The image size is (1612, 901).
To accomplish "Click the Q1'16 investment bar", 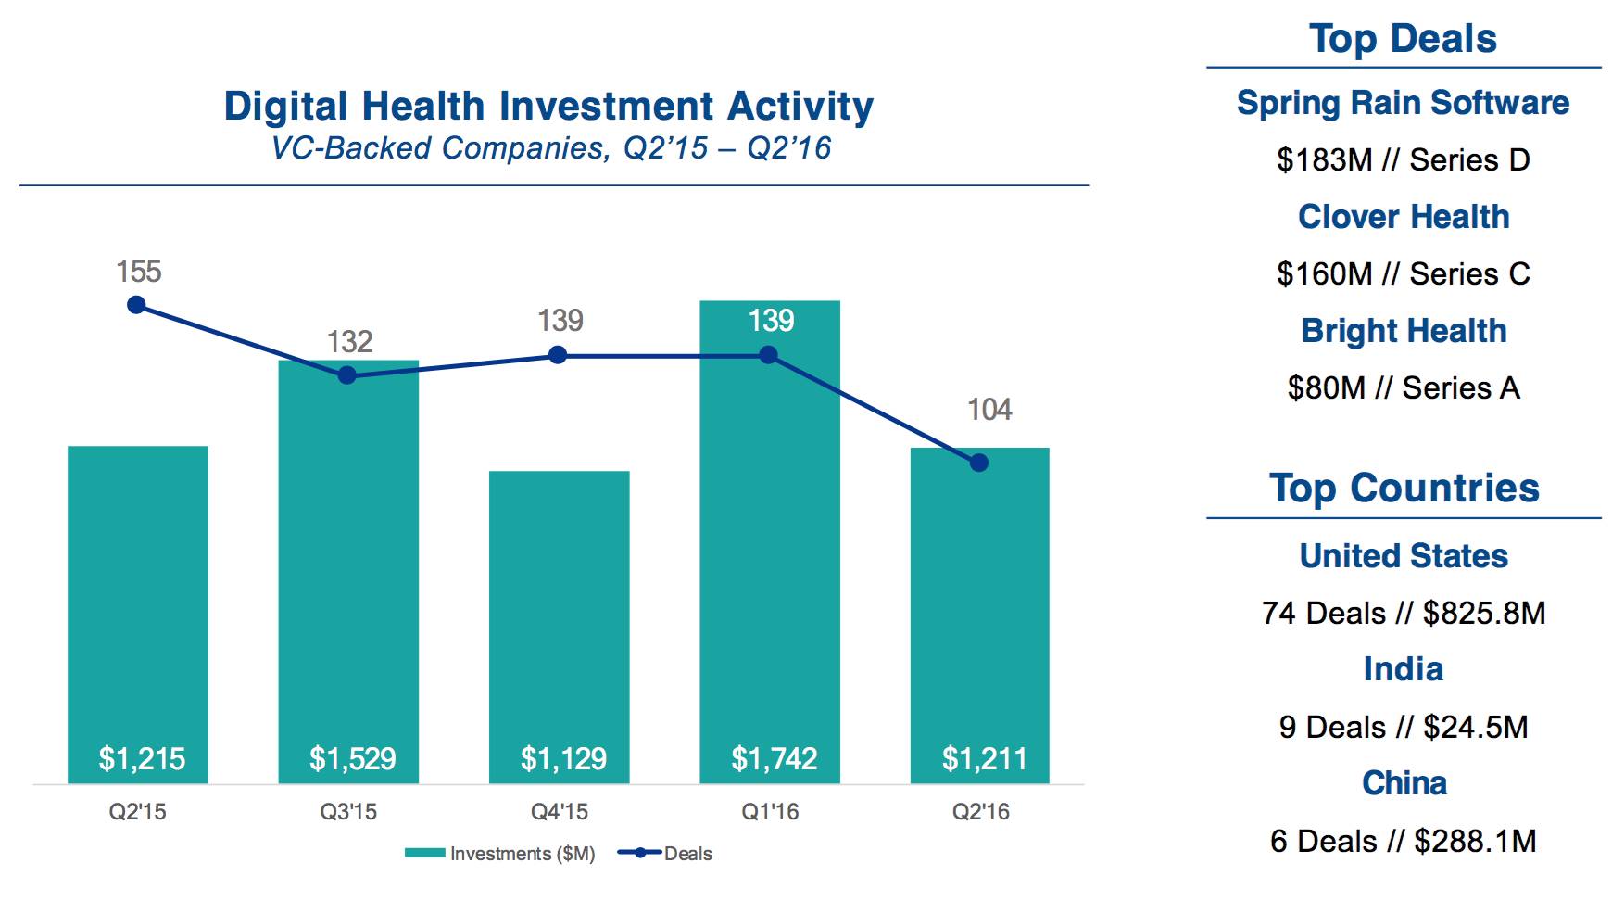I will (x=769, y=556).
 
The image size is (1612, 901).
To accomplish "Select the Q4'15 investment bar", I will (x=559, y=603).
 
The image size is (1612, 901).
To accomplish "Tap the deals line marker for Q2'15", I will (x=136, y=305).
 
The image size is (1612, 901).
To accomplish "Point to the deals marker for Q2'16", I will (x=979, y=463).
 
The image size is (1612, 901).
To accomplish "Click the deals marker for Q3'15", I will (x=346, y=375).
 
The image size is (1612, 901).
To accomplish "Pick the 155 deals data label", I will (x=138, y=272).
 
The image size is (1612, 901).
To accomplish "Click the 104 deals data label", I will (x=989, y=410).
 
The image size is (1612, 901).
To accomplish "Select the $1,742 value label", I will (x=774, y=759).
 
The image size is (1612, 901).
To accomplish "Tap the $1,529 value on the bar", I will (x=352, y=759).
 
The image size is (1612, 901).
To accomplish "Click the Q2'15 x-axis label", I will (x=138, y=812).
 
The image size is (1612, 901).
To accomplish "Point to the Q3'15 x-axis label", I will (x=348, y=812).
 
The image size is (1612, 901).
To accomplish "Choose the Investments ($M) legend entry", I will (x=500, y=854).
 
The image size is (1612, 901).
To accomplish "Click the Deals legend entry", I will (x=667, y=854).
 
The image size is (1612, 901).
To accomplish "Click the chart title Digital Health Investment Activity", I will (x=548, y=106).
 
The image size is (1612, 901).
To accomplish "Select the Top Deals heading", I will (x=1403, y=39).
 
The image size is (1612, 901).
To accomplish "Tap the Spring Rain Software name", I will (x=1403, y=103).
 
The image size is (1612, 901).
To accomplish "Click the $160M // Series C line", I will (x=1403, y=274).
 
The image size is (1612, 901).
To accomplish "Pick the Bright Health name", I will (x=1403, y=331).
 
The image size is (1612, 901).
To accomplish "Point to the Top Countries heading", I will (x=1403, y=489).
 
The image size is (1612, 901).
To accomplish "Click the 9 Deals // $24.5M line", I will (x=1403, y=728).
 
